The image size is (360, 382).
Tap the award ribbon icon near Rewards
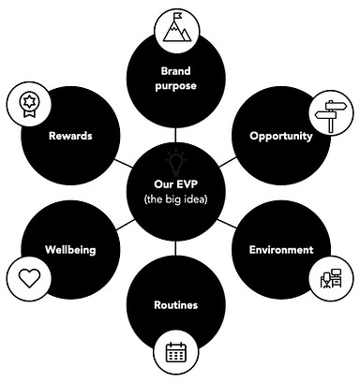25,103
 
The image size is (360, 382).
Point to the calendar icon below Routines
176,353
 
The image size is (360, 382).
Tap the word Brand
176,70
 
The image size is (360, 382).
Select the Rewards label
70,136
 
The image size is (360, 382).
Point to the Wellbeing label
70,250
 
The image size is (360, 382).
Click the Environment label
280,250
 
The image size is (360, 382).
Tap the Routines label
175,305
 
